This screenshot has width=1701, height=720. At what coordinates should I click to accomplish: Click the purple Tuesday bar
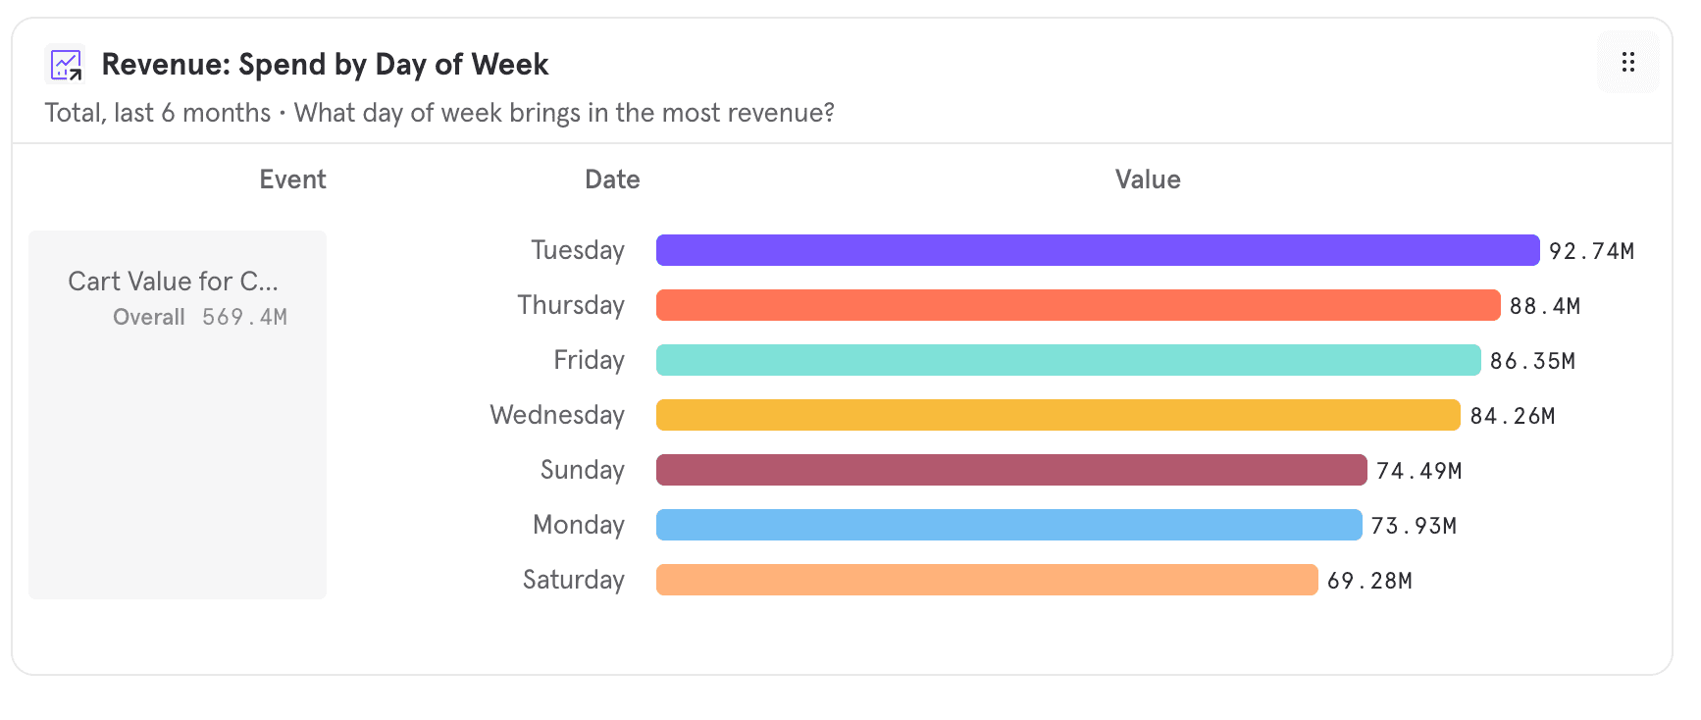coord(1097,250)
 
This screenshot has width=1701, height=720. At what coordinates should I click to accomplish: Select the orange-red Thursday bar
coord(1077,305)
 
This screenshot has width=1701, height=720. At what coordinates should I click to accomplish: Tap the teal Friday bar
coord(1067,360)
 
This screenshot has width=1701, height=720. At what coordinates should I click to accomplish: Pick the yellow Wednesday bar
coord(1057,415)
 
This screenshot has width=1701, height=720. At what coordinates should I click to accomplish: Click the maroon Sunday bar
coord(1010,470)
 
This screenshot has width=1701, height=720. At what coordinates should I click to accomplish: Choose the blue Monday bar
coord(1008,525)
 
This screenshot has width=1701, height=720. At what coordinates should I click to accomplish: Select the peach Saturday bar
coord(986,580)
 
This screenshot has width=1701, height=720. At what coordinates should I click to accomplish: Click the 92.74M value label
coord(1591,251)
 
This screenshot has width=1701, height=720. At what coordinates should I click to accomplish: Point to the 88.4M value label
coord(1545,306)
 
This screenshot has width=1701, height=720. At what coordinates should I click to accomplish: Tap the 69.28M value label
coord(1369,581)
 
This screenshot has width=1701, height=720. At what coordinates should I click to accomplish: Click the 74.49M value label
coord(1418,471)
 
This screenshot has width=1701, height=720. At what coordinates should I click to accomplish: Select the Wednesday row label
coord(557,415)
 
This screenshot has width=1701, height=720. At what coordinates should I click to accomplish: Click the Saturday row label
coord(573,580)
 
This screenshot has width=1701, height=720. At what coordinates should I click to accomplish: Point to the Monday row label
coord(578,525)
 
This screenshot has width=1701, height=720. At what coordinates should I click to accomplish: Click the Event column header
coord(292,180)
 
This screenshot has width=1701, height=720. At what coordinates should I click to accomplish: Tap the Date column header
coord(612,180)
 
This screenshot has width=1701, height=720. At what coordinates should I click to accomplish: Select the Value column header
coord(1148,180)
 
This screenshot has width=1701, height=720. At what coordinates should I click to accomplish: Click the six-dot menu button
coord(1627,63)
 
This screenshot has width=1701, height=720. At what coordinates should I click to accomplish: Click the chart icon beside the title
coord(66,65)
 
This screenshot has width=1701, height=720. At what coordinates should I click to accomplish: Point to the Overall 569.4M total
coord(200,317)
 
